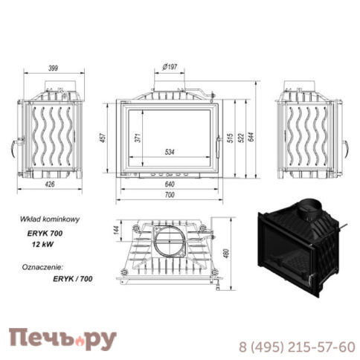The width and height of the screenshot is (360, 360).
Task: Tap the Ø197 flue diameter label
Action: pyautogui.click(x=171, y=69)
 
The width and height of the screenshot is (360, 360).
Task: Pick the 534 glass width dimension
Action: pyautogui.click(x=171, y=154)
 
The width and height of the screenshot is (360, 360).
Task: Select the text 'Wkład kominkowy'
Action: pyautogui.click(x=48, y=219)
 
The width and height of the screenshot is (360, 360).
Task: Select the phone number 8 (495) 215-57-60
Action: pyautogui.click(x=296, y=347)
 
